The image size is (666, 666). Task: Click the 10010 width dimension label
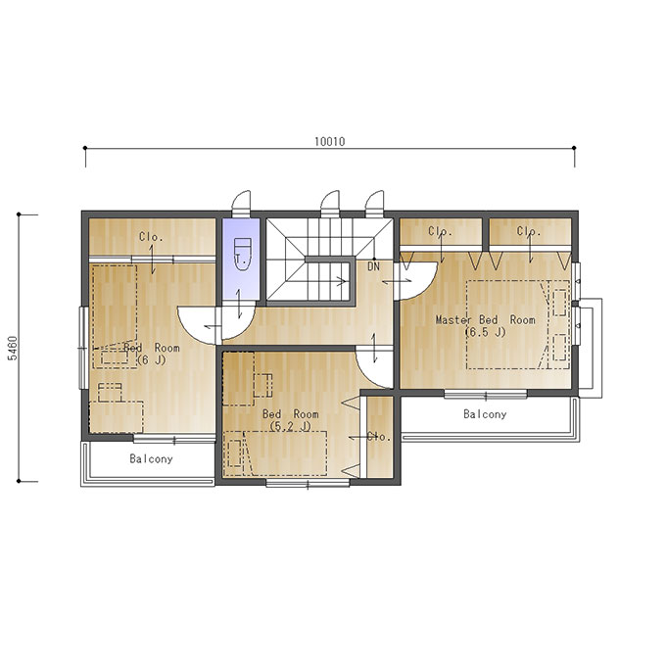pyautogui.click(x=330, y=141)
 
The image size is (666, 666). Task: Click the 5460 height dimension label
pyautogui.click(x=14, y=349)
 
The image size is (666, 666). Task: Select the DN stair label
pyautogui.click(x=373, y=266)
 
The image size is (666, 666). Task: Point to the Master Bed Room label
pyautogui.click(x=486, y=320)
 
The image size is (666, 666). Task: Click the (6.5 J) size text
pyautogui.click(x=486, y=332)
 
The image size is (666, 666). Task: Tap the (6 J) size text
pyautogui.click(x=152, y=360)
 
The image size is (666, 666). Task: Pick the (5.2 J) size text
pyautogui.click(x=290, y=426)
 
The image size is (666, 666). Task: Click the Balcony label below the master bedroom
pyautogui.click(x=485, y=414)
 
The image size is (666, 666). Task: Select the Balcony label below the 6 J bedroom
pyautogui.click(x=151, y=458)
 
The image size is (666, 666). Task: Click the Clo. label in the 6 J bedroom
pyautogui.click(x=151, y=237)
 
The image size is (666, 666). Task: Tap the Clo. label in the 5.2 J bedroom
pyautogui.click(x=379, y=437)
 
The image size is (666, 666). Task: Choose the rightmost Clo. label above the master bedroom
pyautogui.click(x=529, y=231)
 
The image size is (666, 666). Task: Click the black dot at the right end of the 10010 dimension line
pyautogui.click(x=574, y=148)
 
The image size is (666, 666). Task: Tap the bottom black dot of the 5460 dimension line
pyautogui.click(x=19, y=481)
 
